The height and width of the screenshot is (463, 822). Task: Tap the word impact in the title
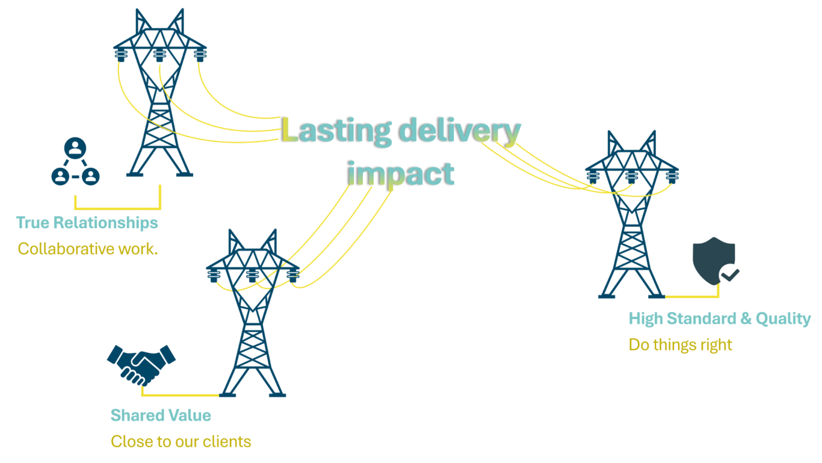(401, 174)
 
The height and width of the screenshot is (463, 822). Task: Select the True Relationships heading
(87, 223)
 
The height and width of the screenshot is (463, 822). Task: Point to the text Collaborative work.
(88, 248)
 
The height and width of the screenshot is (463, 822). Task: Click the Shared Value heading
(161, 415)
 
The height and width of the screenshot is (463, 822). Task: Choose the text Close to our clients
(181, 441)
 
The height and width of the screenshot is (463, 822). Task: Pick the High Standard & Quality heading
(720, 319)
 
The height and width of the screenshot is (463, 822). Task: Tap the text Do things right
(681, 345)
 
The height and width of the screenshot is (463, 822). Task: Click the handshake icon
(141, 364)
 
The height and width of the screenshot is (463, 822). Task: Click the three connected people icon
(75, 162)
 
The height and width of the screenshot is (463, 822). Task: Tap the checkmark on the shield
(730, 275)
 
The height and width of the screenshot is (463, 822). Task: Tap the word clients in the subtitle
(229, 441)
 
